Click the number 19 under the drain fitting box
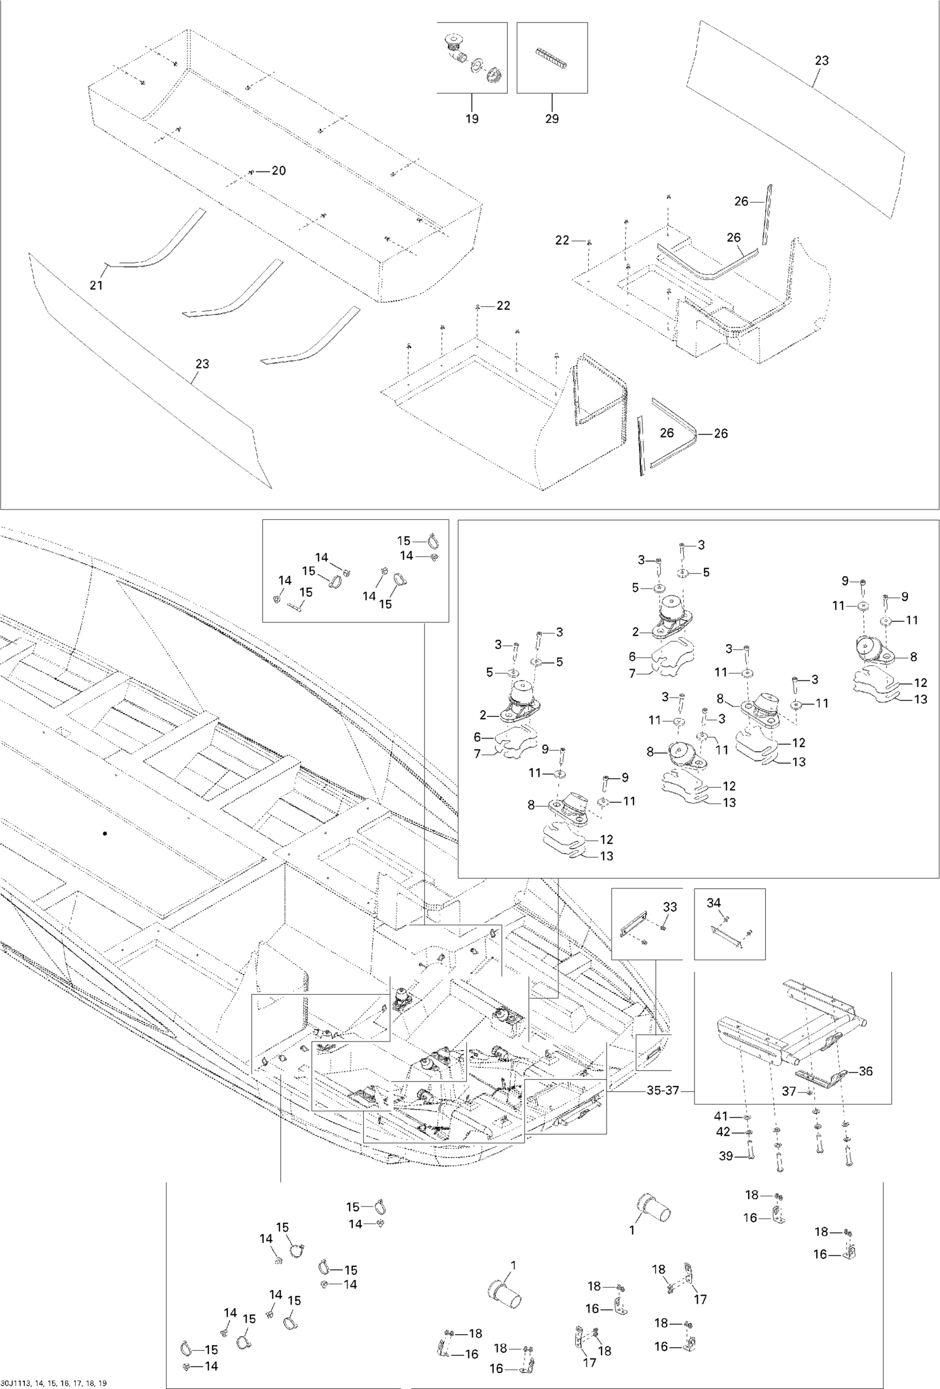[472, 118]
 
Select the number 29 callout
[552, 118]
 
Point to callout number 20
[279, 171]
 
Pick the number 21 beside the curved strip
[96, 285]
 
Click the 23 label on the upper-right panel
[822, 60]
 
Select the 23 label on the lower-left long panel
[202, 363]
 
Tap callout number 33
[670, 907]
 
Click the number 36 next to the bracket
[865, 1071]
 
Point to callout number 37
[789, 1091]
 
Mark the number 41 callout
[721, 1116]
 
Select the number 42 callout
[723, 1132]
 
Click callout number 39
[725, 1156]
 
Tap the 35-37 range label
[663, 1090]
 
